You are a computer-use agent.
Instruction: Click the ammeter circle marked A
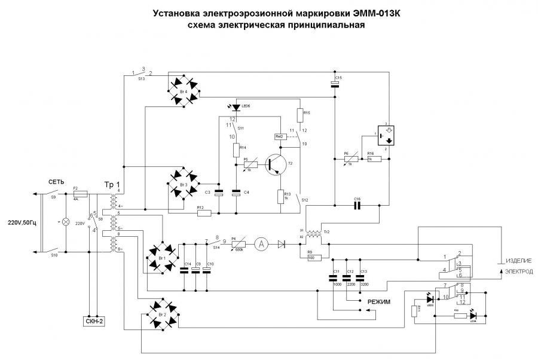point(260,243)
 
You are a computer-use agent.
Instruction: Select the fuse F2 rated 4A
point(80,194)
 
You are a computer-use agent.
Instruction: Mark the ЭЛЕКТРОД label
point(519,271)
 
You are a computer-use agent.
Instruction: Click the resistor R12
point(201,211)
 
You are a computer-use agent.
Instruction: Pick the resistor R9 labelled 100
point(313,258)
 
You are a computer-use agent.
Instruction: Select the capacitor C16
point(357,205)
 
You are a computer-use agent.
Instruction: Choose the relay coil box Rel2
point(279,136)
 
